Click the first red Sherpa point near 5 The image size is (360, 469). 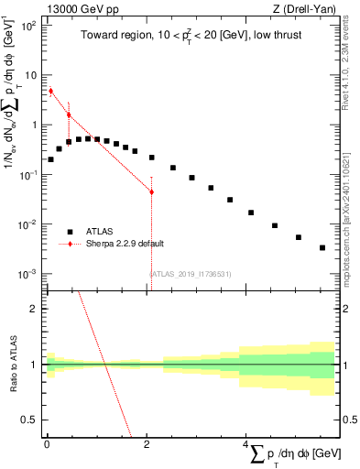[x=50, y=91]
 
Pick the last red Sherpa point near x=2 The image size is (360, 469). [x=151, y=191]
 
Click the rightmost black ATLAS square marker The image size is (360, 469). [x=322, y=247]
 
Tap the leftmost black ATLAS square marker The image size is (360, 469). [x=50, y=159]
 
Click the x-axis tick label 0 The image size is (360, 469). [x=46, y=442]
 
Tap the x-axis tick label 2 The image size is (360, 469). [x=146, y=442]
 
